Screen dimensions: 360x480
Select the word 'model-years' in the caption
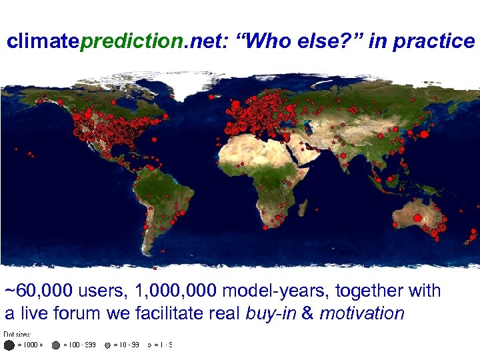[x=275, y=291]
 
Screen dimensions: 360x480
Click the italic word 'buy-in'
[x=271, y=313]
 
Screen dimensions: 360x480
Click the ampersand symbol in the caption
[x=307, y=313]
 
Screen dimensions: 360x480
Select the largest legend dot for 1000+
[x=9, y=345]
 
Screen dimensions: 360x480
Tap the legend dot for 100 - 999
[x=56, y=345]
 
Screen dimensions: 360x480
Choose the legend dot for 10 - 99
[x=107, y=345]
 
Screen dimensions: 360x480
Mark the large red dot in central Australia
[x=417, y=217]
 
